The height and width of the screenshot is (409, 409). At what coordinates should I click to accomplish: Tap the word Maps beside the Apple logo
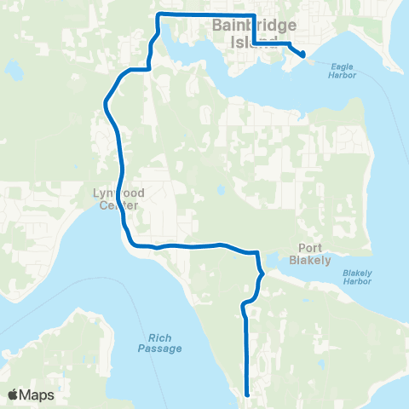pyautogui.click(x=37, y=395)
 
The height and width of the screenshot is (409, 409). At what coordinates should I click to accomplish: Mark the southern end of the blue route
pyautogui.click(x=247, y=395)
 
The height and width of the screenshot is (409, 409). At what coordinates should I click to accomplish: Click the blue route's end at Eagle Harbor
pyautogui.click(x=302, y=55)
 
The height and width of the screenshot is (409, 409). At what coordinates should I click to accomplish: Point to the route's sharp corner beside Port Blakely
pyautogui.click(x=257, y=253)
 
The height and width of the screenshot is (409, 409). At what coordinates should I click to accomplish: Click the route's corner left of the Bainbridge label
pyautogui.click(x=158, y=15)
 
